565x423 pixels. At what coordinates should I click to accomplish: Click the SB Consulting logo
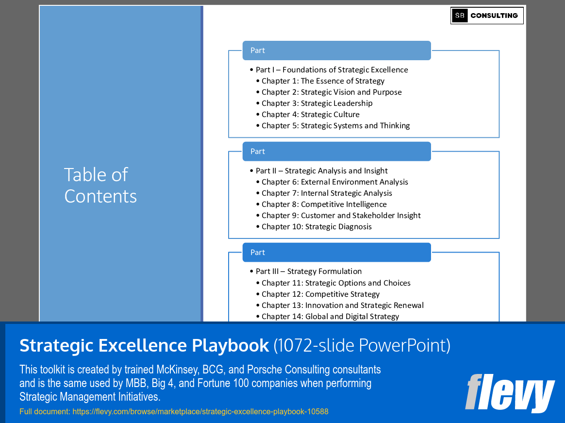[487, 16]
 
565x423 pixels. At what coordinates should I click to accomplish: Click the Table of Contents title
[100, 185]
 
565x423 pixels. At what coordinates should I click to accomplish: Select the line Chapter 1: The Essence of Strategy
[323, 81]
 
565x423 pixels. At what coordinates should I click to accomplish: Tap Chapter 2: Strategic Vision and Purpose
[332, 92]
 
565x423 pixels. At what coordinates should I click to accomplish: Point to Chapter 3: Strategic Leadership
[317, 103]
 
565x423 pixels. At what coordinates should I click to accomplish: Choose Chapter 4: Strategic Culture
[311, 115]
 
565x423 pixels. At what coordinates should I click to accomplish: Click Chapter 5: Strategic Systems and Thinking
[335, 126]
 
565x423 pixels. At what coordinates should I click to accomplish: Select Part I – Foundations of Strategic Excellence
[332, 70]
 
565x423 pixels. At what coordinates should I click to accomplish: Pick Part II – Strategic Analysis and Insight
[321, 171]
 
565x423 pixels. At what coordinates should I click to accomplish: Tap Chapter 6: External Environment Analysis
[334, 182]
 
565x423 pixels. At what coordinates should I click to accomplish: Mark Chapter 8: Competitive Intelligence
[324, 204]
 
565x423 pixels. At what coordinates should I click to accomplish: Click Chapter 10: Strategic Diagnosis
[316, 227]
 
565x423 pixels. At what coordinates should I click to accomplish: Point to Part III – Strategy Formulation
[308, 271]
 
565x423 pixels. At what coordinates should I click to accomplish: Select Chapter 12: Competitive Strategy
[320, 294]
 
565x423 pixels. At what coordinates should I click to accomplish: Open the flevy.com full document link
[200, 412]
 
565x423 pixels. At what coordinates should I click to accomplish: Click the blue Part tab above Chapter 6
[336, 152]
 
